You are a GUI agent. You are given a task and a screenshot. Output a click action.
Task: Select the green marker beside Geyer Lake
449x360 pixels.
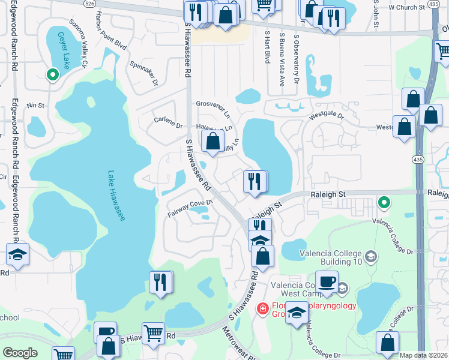tap(52, 75)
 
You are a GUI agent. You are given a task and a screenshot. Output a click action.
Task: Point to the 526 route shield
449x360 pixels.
tap(89, 3)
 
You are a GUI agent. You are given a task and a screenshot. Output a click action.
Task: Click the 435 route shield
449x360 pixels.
tap(418, 158)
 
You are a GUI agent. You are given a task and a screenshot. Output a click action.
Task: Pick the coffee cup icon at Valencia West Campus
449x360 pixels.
tap(327, 282)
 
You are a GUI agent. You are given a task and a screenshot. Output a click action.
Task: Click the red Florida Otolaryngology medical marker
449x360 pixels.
tap(262, 309)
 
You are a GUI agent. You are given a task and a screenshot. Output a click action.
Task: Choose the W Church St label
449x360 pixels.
tap(406, 8)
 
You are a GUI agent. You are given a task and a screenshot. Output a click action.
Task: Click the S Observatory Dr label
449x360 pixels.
tap(296, 59)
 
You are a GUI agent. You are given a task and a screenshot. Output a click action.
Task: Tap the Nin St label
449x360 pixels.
tap(35, 105)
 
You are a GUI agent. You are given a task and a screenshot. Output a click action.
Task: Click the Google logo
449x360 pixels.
tap(20, 353)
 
